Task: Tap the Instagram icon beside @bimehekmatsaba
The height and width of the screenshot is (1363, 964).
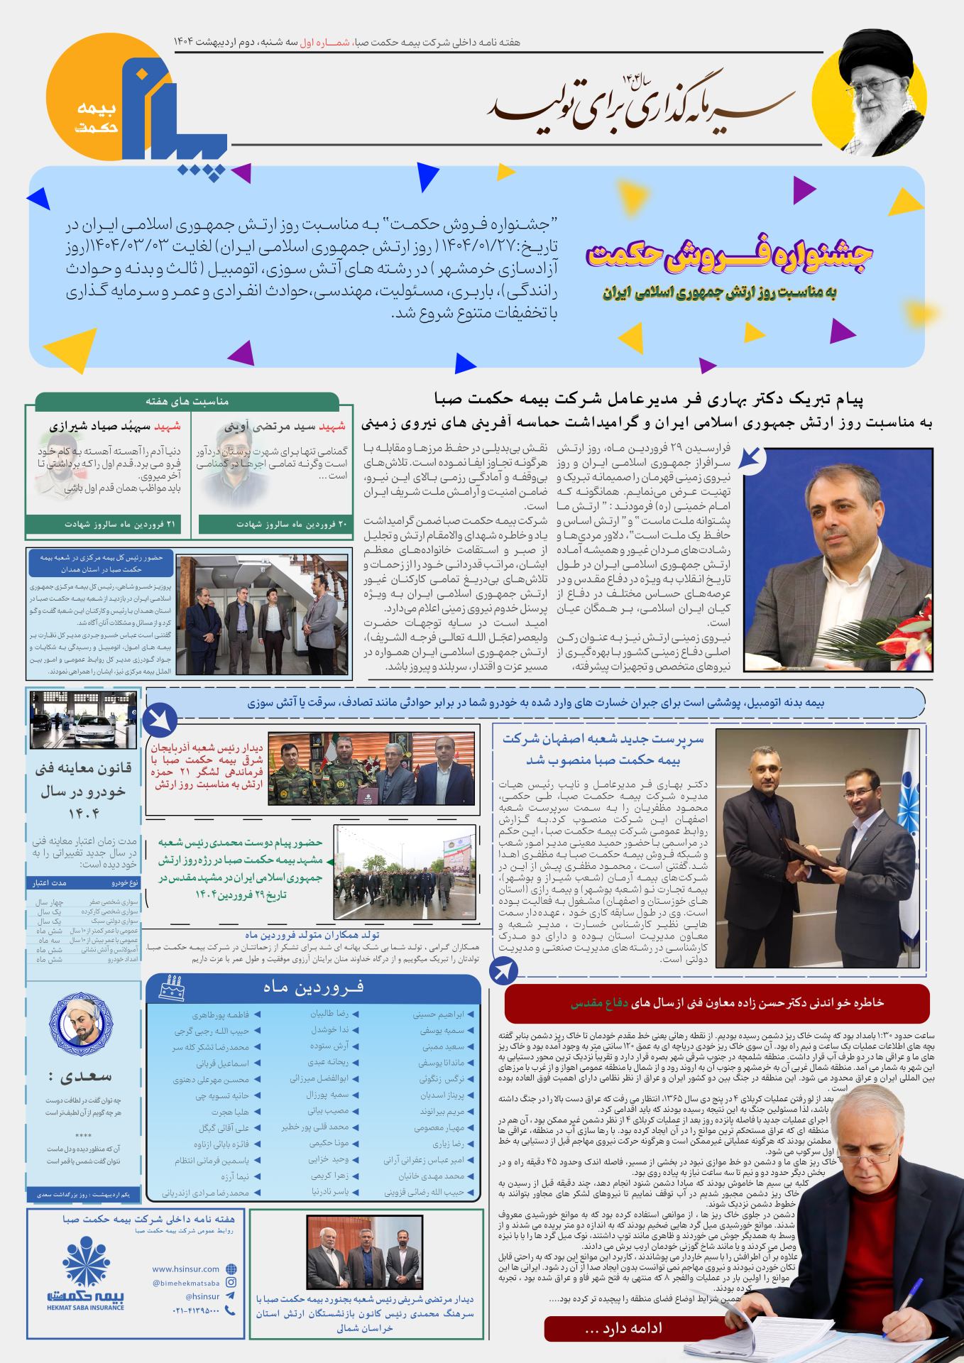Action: tap(231, 1282)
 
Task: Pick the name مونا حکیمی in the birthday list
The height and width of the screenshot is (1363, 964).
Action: tap(329, 1143)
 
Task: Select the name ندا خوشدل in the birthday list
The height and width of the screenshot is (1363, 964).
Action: tap(328, 1029)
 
